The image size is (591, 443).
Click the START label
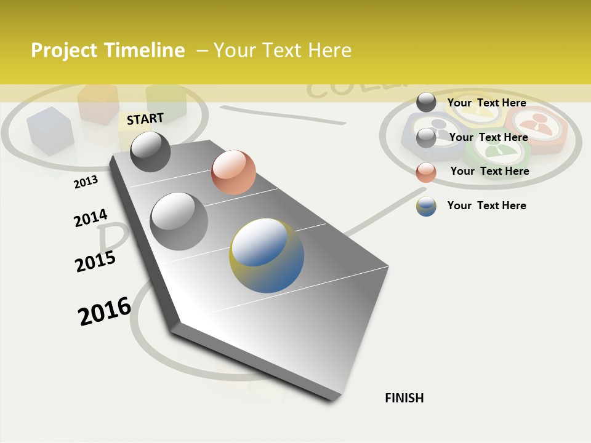pyautogui.click(x=145, y=119)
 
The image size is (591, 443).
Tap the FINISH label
pyautogui.click(x=404, y=398)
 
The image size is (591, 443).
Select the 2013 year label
pyautogui.click(x=86, y=182)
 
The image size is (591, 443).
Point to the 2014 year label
pyautogui.click(x=90, y=218)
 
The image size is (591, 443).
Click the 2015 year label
pyautogui.click(x=95, y=261)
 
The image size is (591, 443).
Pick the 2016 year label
pyautogui.click(x=105, y=311)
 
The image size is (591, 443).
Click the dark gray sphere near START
pyautogui.click(x=150, y=151)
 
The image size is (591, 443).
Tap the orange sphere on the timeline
pyautogui.click(x=233, y=172)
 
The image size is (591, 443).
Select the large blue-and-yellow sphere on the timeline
pyautogui.click(x=267, y=255)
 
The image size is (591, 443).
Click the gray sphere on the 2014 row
pyautogui.click(x=179, y=221)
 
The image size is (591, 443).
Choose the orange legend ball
pyautogui.click(x=426, y=172)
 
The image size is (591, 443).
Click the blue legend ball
pyautogui.click(x=426, y=206)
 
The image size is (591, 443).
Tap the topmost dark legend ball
pyautogui.click(x=426, y=102)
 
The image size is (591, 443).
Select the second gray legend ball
pyautogui.click(x=426, y=138)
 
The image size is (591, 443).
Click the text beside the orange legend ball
pyautogui.click(x=489, y=171)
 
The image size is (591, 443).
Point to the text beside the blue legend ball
pyautogui.click(x=486, y=206)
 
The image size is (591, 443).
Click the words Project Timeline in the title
pyautogui.click(x=108, y=50)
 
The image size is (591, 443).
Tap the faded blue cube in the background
pyautogui.click(x=49, y=130)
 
